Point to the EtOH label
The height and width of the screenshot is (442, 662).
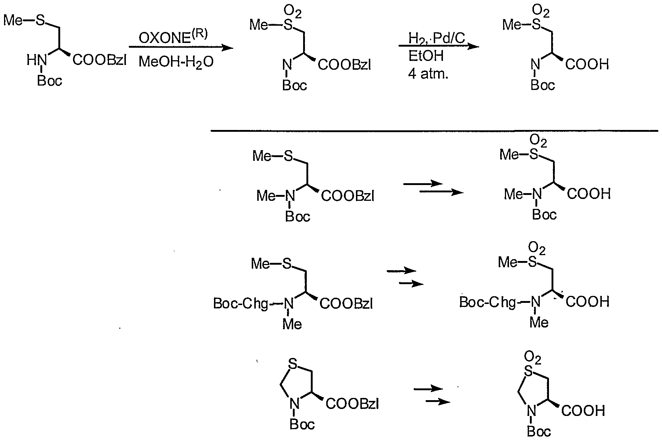[426, 56]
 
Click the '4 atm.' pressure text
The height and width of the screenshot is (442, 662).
[428, 75]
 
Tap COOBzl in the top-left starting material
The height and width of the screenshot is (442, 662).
[99, 60]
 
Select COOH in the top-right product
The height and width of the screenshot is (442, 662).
[587, 65]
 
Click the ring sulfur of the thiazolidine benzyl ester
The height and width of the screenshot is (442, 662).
[292, 363]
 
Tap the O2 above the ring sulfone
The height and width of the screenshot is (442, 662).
[532, 358]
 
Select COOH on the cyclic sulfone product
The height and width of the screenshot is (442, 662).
[583, 410]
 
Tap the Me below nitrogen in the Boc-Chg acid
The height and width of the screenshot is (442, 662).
[539, 322]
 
